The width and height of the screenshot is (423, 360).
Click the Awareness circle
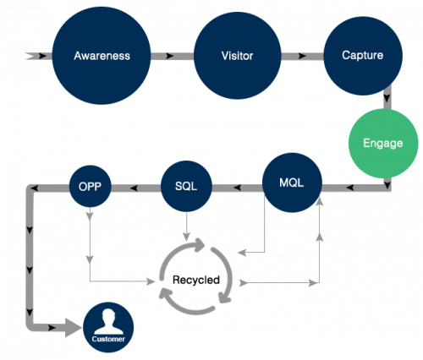click(x=102, y=56)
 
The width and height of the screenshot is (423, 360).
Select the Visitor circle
click(x=238, y=56)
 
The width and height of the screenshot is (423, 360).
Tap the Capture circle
click(x=363, y=56)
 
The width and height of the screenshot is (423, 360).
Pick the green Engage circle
click(x=383, y=144)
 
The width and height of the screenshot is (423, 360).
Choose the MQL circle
click(x=292, y=183)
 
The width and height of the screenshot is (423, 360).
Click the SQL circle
click(x=186, y=186)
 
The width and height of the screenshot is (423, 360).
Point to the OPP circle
click(x=91, y=186)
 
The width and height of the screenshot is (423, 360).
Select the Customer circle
click(x=108, y=327)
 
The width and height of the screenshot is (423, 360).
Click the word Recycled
click(x=196, y=280)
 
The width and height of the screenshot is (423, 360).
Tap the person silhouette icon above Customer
click(x=108, y=321)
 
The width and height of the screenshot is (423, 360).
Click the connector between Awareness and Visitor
click(x=173, y=56)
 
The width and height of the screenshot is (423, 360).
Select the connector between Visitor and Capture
click(x=302, y=56)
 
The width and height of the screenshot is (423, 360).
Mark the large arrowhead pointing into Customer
click(x=73, y=328)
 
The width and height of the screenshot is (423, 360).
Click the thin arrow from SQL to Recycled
click(x=186, y=226)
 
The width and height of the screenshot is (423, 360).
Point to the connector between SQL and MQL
click(x=237, y=188)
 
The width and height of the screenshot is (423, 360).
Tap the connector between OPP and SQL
click(x=136, y=188)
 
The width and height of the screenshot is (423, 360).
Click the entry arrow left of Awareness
click(x=39, y=56)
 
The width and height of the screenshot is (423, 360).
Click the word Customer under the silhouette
click(x=108, y=339)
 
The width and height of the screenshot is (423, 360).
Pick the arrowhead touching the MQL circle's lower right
click(x=320, y=201)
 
